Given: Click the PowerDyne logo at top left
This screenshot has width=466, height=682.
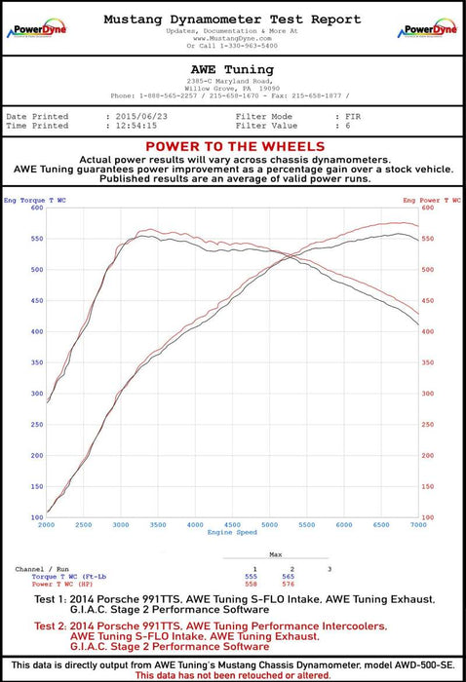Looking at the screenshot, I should (x=34, y=29).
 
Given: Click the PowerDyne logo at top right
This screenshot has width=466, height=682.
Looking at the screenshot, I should (x=429, y=29).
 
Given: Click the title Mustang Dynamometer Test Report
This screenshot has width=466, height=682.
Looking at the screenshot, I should (x=232, y=19).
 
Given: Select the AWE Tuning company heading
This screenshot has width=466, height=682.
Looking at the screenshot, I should (x=232, y=69).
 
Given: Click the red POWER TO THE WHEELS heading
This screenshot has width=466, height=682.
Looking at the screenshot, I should (x=232, y=147).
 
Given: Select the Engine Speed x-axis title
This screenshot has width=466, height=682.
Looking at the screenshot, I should (x=232, y=533).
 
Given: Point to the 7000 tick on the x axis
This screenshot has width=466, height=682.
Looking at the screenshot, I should (x=416, y=524).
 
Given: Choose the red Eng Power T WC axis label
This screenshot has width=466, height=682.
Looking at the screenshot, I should (x=432, y=199).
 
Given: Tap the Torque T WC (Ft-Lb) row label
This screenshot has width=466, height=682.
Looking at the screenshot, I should (x=68, y=576).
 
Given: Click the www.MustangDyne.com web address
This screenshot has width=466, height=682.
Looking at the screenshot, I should (x=232, y=38).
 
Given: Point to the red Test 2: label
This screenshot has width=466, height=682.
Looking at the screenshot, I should (x=55, y=626).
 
